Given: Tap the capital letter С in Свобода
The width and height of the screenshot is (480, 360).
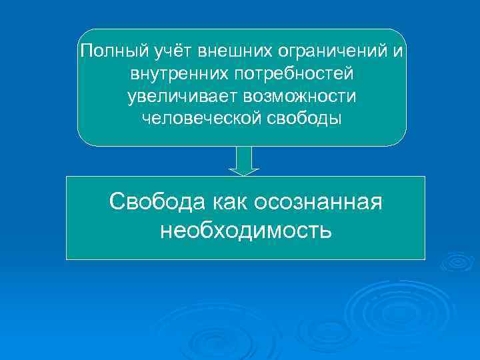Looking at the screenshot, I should [116, 201].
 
